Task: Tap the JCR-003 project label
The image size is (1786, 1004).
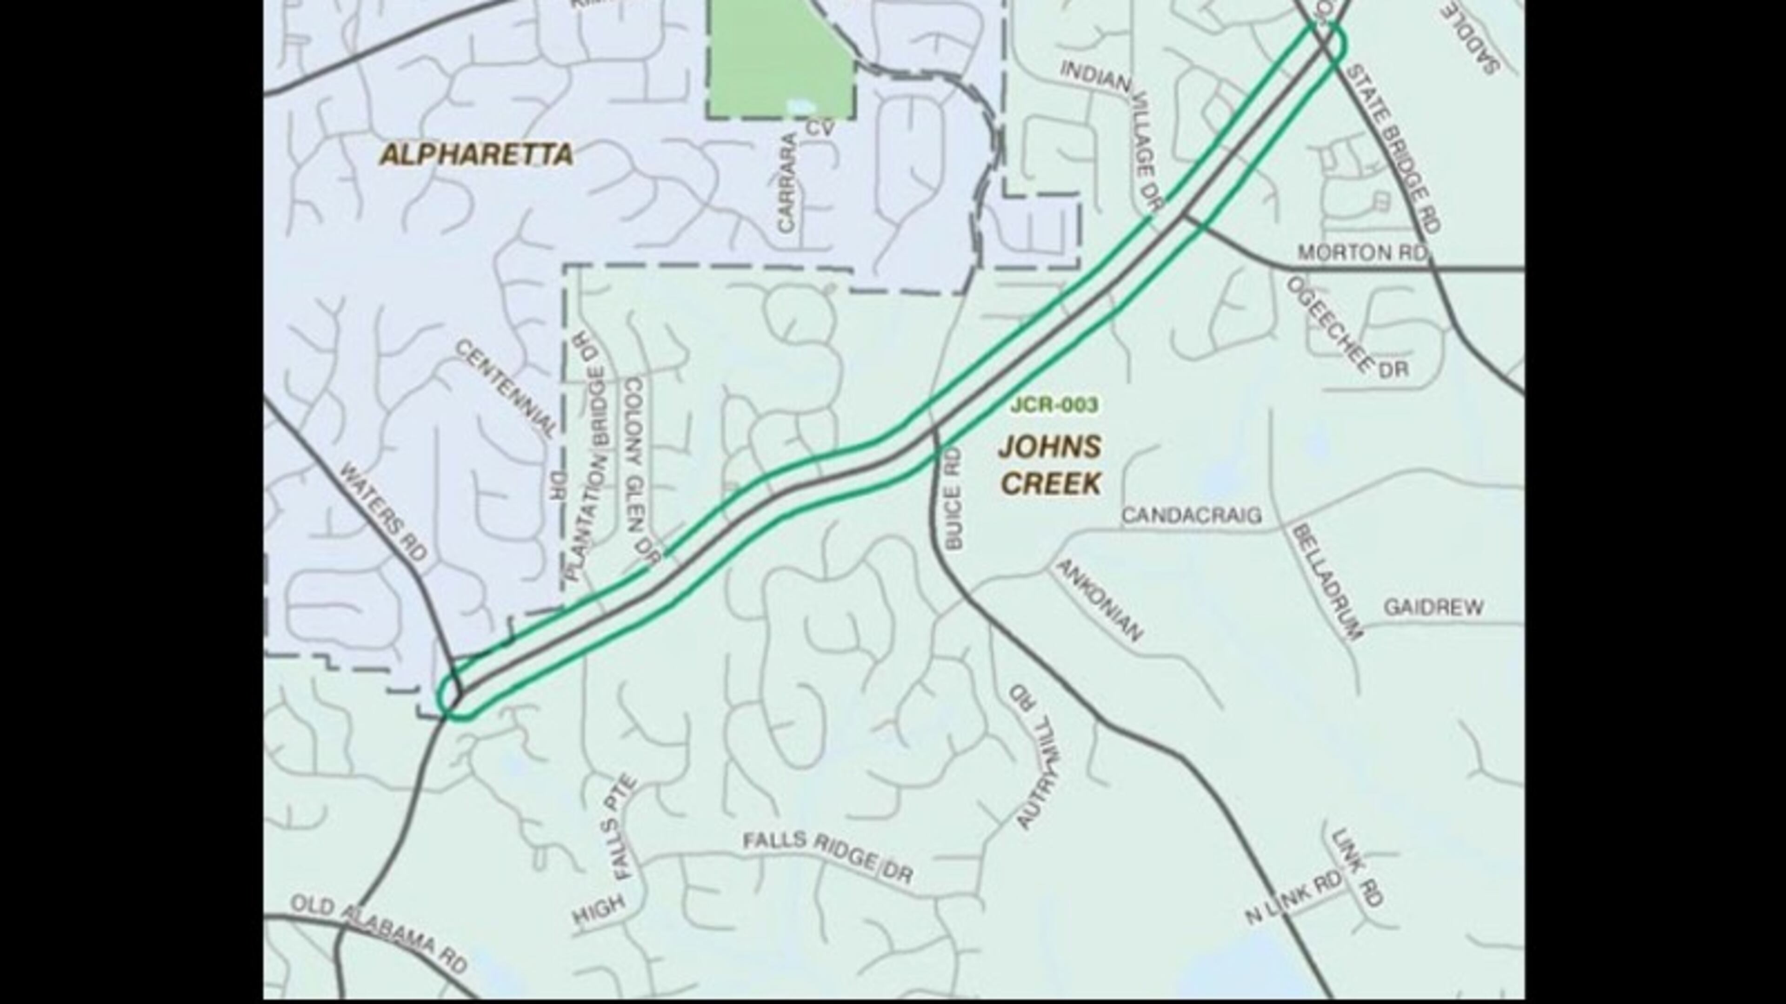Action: (x=1054, y=405)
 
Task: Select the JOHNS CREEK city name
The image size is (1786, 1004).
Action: (x=1050, y=465)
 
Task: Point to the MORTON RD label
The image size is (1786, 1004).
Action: (x=1362, y=253)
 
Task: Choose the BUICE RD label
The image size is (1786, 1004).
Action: (x=953, y=499)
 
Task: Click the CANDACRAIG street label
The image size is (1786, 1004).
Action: (x=1191, y=515)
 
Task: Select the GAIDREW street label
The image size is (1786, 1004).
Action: (x=1433, y=608)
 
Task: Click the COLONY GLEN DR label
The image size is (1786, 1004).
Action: (x=641, y=471)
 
